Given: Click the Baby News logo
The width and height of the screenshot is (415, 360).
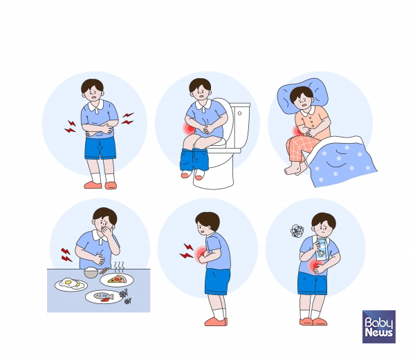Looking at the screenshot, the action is tap(379, 327).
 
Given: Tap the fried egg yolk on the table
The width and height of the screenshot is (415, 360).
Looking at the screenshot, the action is tap(68, 283).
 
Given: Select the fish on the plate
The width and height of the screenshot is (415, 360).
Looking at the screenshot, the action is tap(104, 296).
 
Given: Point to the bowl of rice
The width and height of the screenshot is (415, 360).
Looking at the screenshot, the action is tap(91, 272).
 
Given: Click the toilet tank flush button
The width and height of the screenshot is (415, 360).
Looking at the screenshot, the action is tap(239, 113).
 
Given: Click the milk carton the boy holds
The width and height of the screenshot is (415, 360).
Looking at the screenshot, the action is tap(322, 249).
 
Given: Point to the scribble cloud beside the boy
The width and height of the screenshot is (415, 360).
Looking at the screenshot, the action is tap(297, 231).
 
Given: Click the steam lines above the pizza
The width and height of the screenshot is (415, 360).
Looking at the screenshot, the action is tap(119, 267).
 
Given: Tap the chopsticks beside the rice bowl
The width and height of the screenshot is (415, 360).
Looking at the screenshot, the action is tap(104, 271).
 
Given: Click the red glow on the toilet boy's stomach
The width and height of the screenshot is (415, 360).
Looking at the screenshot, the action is tap(189, 129).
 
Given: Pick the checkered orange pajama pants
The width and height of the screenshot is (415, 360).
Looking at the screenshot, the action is tap(302, 148).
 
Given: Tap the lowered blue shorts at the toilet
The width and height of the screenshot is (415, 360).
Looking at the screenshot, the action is tap(194, 160).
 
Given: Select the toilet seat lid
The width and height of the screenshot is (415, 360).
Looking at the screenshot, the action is tap(224, 119).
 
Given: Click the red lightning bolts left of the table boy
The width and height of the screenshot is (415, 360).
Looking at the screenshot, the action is tap(66, 255).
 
